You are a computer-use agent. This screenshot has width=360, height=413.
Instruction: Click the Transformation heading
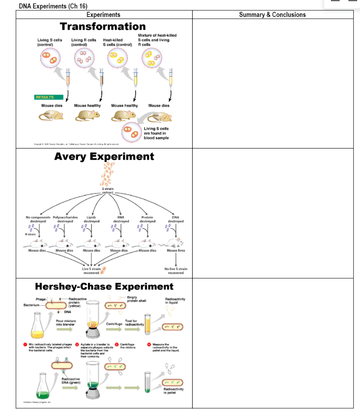click(x=103, y=27)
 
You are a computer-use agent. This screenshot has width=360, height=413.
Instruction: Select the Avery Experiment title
click(x=104, y=156)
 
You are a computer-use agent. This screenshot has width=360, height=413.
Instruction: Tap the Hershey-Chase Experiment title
click(x=104, y=287)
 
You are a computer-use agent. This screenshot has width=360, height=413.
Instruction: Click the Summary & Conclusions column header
click(x=272, y=15)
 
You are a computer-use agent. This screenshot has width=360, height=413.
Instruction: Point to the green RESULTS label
click(x=49, y=97)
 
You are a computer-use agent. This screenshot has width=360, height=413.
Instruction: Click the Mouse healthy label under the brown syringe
click(x=88, y=106)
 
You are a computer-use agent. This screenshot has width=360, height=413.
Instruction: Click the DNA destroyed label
click(x=176, y=219)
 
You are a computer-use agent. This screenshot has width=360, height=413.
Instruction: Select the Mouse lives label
click(x=176, y=250)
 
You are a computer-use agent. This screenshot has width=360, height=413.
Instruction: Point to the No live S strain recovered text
click(x=176, y=271)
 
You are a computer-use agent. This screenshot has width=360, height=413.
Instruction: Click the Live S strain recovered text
click(x=91, y=271)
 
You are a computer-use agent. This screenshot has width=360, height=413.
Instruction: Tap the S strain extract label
click(x=108, y=191)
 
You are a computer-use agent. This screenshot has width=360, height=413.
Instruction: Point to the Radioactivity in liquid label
click(x=175, y=300)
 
